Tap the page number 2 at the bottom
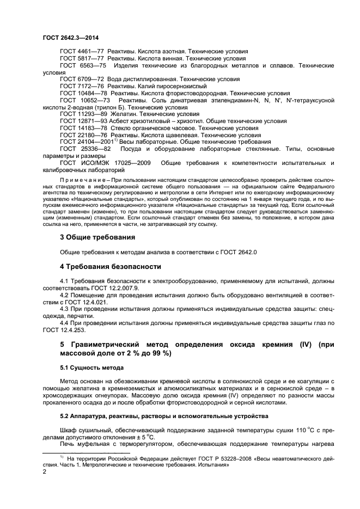tap(45, 473)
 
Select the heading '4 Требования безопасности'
tap(110, 266)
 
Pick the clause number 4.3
tap(64, 309)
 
